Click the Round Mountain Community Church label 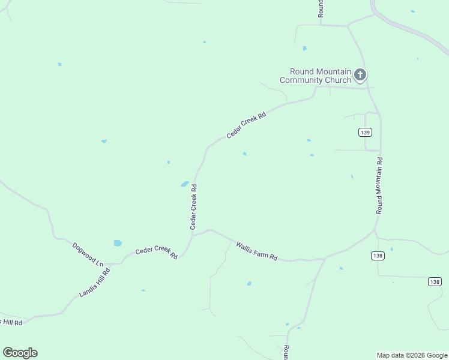316,76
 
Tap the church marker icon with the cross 360,75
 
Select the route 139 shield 366,132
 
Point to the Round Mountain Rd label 379,185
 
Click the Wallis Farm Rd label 256,251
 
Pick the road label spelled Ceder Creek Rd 156,253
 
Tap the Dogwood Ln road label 88,255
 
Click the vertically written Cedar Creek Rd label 193,207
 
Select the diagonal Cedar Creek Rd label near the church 246,124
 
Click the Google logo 20,353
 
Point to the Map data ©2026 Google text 412,355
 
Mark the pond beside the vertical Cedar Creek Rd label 185,184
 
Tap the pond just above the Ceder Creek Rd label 118,243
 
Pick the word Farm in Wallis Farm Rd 259,252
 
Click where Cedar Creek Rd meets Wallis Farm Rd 193,235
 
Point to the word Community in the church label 301,80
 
